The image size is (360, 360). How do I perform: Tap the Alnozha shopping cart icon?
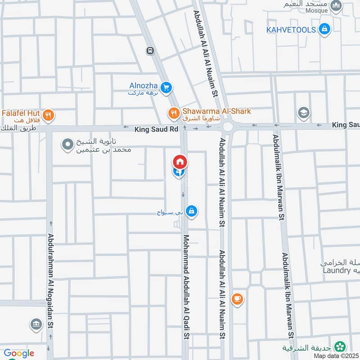166,87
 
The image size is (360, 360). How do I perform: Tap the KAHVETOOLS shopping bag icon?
324,30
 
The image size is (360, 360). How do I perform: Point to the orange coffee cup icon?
237,298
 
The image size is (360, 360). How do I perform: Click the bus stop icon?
150,51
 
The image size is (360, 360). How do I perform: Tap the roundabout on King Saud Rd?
228,126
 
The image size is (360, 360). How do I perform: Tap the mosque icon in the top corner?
336,6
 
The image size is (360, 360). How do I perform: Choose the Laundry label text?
336,270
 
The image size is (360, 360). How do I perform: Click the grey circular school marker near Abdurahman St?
67,145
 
